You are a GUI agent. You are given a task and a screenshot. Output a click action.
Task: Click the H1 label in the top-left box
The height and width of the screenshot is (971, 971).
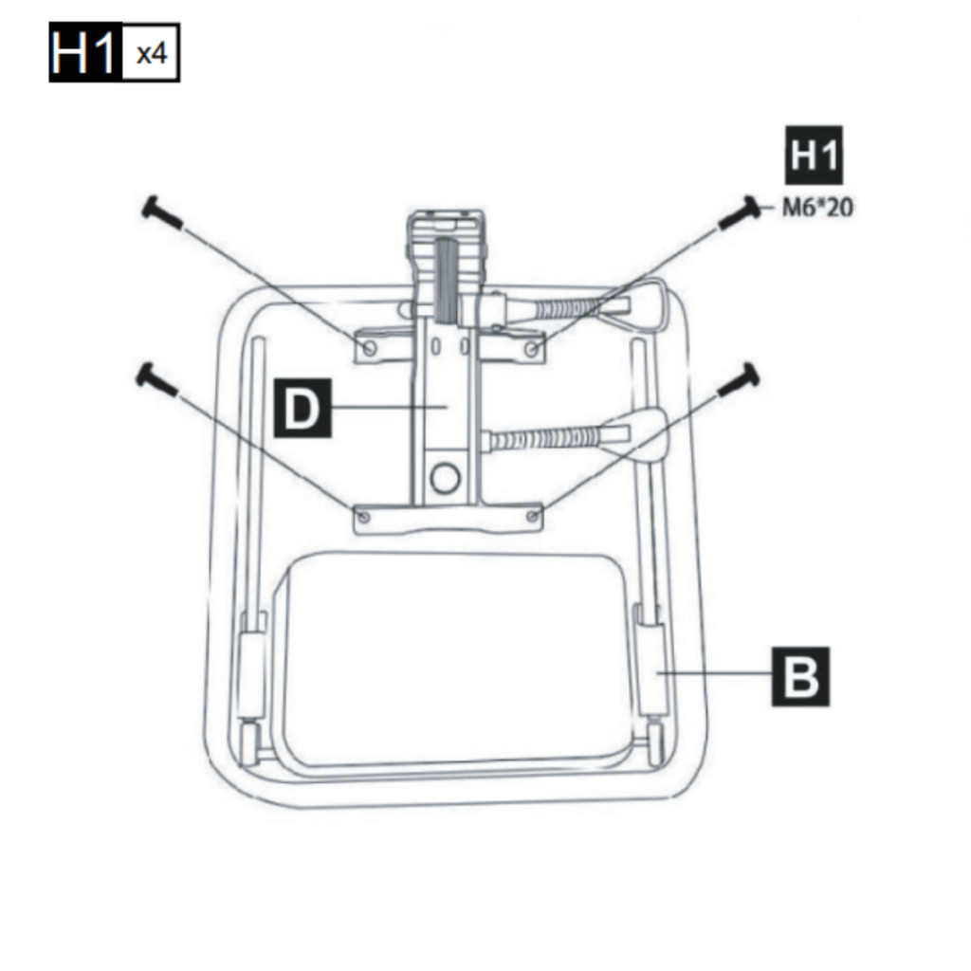point(85,55)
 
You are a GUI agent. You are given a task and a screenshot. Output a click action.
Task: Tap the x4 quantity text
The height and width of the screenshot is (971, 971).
point(151,55)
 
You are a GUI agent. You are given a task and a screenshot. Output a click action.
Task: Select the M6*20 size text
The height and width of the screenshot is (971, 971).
point(816,207)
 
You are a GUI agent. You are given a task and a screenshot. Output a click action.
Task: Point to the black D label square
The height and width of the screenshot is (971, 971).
point(302,408)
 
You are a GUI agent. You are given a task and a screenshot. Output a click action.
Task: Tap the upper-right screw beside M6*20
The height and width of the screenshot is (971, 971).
point(739,213)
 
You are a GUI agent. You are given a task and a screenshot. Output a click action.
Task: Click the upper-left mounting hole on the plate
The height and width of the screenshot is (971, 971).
point(370,349)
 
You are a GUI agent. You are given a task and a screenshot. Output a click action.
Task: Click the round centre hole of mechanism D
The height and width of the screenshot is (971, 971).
point(443,479)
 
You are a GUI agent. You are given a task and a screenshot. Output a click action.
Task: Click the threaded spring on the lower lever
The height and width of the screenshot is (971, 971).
point(545,439)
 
